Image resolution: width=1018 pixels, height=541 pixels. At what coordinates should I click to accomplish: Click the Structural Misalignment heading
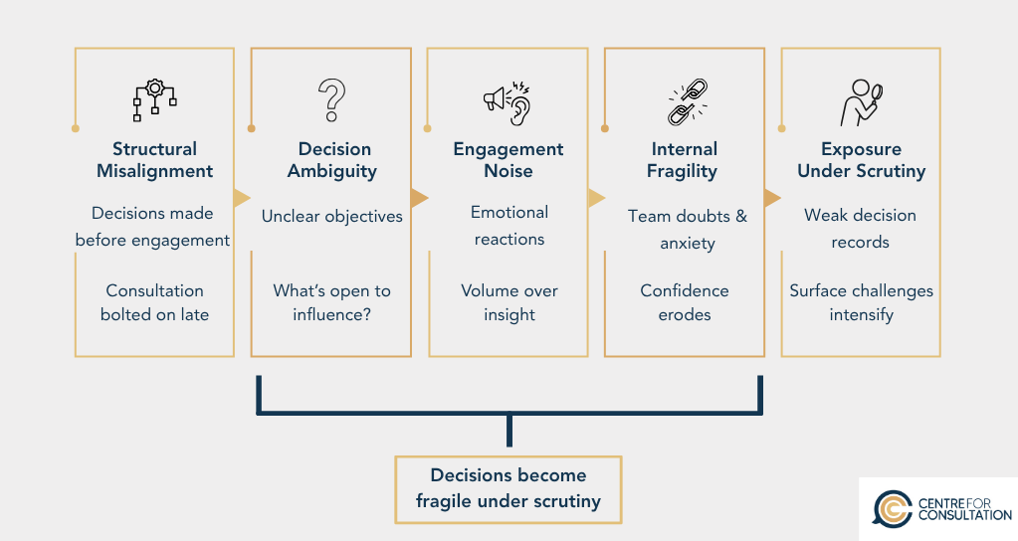[154, 160]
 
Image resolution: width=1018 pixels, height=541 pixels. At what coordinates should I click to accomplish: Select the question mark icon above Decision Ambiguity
[330, 101]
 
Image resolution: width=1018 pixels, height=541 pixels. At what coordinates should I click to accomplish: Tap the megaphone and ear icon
[508, 102]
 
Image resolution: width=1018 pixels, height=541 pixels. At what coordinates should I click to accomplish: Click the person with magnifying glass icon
[860, 103]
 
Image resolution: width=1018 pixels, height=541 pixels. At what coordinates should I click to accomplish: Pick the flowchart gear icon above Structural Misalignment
[154, 100]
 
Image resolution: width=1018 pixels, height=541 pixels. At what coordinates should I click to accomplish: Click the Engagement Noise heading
[509, 160]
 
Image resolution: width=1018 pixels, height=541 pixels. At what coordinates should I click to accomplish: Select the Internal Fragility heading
[685, 160]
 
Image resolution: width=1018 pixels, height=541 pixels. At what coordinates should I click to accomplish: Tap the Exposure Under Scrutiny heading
[861, 160]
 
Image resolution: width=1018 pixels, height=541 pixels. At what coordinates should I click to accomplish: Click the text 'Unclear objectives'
[332, 216]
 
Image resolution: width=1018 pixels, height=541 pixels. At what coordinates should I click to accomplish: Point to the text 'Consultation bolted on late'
[154, 302]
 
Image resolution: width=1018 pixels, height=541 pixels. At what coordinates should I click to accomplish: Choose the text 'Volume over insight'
[509, 302]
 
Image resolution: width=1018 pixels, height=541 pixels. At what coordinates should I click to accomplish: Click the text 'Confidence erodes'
[685, 302]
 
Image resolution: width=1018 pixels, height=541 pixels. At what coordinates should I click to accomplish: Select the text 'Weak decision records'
[860, 228]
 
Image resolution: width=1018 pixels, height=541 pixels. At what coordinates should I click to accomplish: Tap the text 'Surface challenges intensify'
[861, 302]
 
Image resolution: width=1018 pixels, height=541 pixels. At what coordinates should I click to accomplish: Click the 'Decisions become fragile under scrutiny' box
[509, 488]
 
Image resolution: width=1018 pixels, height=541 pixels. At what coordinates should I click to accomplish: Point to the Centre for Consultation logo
[936, 508]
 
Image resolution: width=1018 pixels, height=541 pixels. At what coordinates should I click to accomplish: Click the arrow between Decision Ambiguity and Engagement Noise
[419, 198]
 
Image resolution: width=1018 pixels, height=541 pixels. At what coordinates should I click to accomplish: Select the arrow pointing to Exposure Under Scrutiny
[772, 198]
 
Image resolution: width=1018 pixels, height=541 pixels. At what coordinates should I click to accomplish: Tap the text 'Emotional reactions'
[509, 226]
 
